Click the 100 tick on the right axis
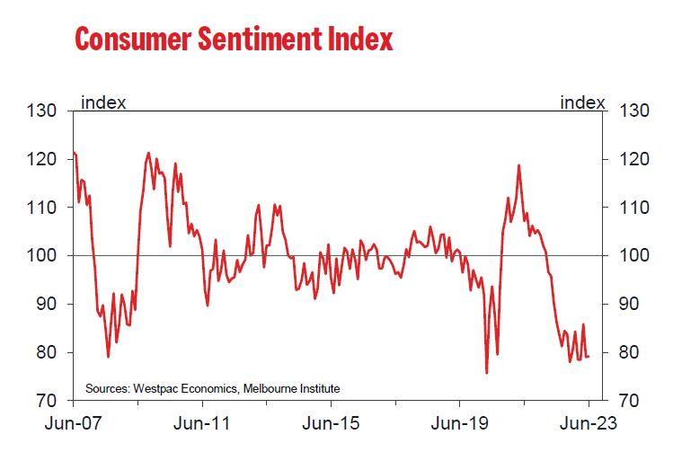634,256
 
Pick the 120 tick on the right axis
634,159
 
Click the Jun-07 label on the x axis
72,423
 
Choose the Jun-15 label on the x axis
329,423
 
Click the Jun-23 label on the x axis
588,423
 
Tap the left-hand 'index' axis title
103,102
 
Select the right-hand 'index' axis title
582,102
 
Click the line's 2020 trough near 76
486,372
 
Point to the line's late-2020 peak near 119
518,165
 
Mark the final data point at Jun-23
589,357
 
